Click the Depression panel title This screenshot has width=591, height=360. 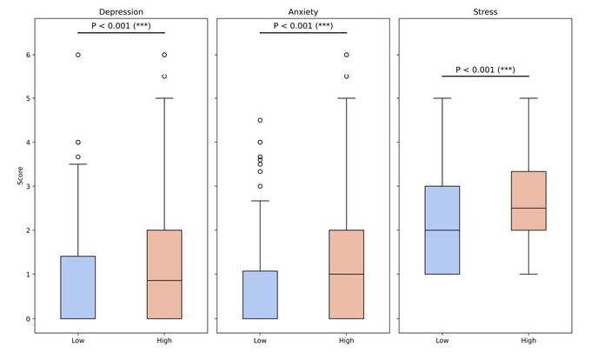[x=121, y=11]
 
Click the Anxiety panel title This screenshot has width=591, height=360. [x=303, y=11]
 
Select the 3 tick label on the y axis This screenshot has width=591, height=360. [x=29, y=186]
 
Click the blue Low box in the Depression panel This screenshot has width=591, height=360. [x=78, y=287]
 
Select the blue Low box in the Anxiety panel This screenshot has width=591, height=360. [x=260, y=295]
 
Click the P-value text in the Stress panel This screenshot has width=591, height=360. [x=485, y=69]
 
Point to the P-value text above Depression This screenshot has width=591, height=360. [x=121, y=25]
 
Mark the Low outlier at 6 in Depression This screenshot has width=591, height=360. [x=78, y=55]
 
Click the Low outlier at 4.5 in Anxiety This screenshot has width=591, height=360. [x=260, y=120]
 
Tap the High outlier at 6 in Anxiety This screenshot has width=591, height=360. [x=347, y=55]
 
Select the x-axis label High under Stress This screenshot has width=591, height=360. [x=528, y=340]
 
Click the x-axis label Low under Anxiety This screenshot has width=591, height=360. [x=260, y=340]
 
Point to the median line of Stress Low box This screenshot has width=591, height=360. [x=442, y=230]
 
